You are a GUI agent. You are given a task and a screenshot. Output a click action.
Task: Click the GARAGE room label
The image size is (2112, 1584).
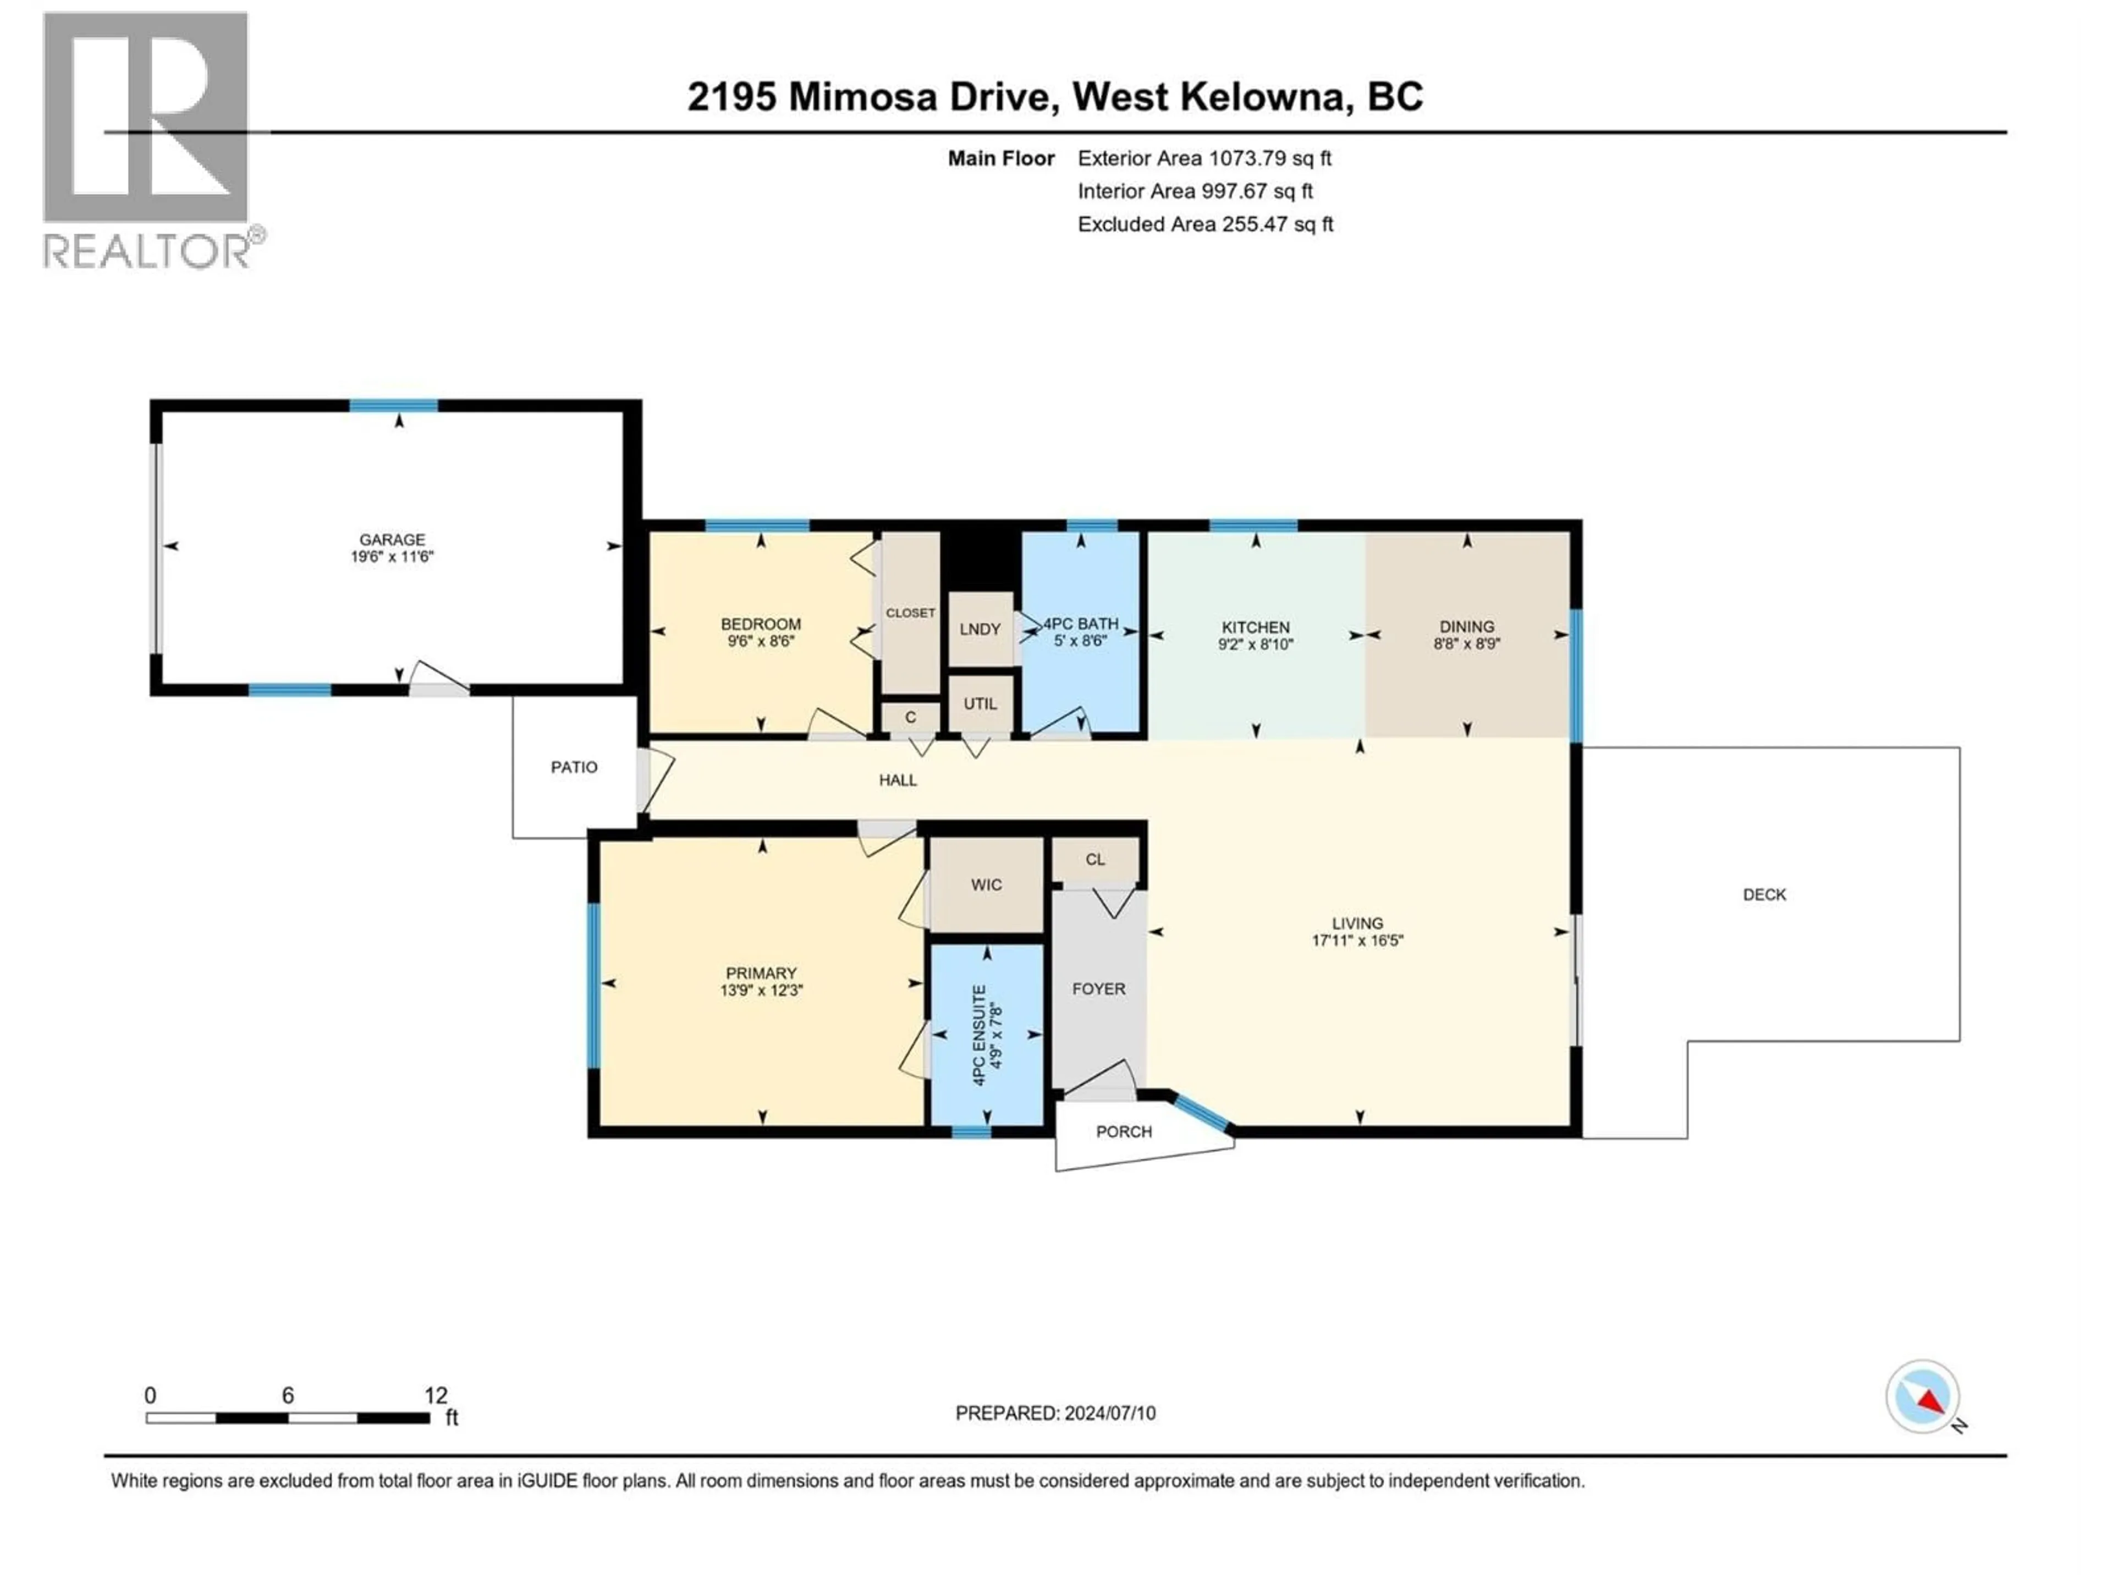(392, 540)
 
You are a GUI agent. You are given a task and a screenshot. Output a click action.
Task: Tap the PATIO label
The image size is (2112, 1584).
(574, 767)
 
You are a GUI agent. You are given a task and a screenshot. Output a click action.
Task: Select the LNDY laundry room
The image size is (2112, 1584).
(980, 629)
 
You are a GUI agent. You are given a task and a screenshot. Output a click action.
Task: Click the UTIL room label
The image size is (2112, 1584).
(980, 703)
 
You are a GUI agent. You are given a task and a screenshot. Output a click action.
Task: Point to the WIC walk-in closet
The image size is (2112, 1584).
(986, 885)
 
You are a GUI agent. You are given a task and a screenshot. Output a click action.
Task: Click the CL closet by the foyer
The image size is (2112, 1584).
(1095, 859)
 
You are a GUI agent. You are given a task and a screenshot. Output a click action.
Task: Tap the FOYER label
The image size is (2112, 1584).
(1098, 989)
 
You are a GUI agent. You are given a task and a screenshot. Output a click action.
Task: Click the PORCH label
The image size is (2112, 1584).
(1124, 1131)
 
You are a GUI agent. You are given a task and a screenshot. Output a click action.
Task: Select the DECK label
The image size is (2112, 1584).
(1763, 895)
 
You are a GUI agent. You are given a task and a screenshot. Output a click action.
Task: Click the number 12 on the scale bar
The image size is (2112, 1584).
(436, 1395)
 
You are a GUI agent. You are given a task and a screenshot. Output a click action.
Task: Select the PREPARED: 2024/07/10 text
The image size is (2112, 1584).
(1055, 1413)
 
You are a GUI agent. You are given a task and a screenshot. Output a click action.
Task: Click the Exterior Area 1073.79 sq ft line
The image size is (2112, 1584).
(1204, 158)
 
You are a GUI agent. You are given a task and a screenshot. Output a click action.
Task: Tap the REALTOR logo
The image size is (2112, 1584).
(148, 139)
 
